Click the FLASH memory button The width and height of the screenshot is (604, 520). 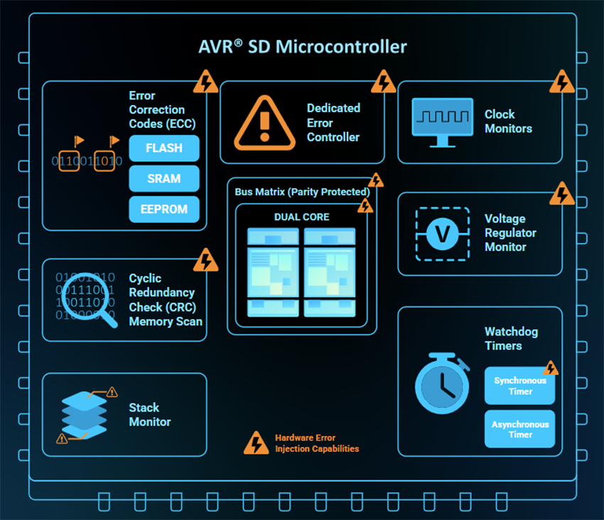(164, 148)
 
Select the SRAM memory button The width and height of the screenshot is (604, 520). (164, 179)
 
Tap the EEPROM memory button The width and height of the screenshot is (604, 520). (164, 210)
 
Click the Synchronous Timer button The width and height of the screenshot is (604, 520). (519, 386)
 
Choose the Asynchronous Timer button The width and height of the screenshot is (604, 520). (519, 429)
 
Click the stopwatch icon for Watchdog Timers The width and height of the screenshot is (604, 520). (443, 384)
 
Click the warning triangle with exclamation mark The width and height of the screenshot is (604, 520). (264, 121)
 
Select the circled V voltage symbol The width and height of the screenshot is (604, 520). (442, 234)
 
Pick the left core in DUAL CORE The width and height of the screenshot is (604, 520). (274, 272)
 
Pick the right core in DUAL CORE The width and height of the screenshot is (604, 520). (329, 272)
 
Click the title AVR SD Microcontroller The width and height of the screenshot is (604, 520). (302, 47)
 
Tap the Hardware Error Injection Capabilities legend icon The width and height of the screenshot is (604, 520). (256, 443)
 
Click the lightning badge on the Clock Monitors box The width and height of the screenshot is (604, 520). (562, 82)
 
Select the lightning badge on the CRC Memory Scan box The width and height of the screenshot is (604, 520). (206, 260)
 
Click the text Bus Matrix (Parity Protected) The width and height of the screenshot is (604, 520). (302, 192)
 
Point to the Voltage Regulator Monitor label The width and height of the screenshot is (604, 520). (510, 233)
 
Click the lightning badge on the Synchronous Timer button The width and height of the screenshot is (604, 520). (551, 368)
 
